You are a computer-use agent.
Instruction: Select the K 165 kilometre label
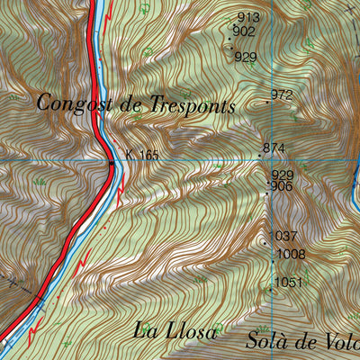point(142,156)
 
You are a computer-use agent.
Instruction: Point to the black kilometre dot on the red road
point(111,164)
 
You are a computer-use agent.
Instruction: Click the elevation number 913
point(247,18)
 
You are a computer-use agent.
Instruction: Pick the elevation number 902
point(243,31)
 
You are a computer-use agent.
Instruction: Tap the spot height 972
point(282,94)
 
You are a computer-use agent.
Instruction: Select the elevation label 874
point(274,148)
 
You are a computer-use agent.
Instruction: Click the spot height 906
point(282,186)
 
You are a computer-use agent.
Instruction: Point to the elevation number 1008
point(291,255)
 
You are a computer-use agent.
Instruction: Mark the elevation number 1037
point(286,237)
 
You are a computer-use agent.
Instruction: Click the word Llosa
point(190,332)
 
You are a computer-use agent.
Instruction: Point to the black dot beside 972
point(268,103)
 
